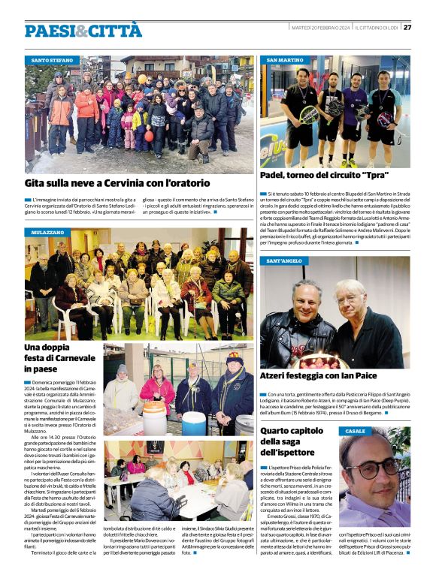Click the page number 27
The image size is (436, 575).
point(407,28)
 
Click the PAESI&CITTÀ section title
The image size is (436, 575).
point(83,30)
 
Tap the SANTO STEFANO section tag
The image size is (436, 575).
point(52,59)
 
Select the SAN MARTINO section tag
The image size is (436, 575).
point(285,59)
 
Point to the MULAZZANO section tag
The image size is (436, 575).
point(48,233)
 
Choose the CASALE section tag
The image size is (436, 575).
point(356,431)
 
